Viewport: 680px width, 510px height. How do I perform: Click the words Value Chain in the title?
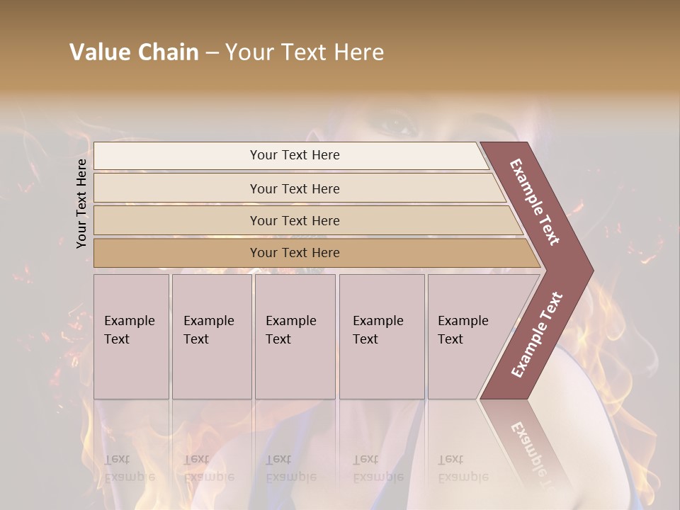click(134, 52)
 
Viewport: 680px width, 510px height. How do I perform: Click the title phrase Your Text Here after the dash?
click(305, 52)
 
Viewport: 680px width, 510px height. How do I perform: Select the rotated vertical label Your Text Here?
click(81, 203)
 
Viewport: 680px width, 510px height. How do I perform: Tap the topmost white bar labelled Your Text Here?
click(294, 155)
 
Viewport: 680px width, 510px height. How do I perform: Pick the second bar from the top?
click(294, 188)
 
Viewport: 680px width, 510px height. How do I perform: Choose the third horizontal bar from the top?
click(294, 220)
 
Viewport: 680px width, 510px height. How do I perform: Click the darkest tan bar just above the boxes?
click(294, 253)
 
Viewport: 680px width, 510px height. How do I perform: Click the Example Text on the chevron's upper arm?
click(535, 202)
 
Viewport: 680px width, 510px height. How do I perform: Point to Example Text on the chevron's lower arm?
click(536, 334)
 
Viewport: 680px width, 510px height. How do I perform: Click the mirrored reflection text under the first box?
click(129, 467)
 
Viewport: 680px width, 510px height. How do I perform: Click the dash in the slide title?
click(212, 53)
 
